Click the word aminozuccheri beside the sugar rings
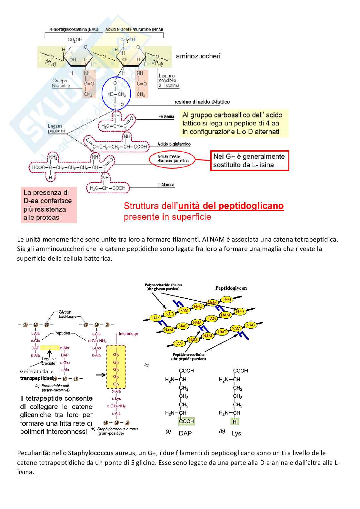pyautogui.click(x=198, y=56)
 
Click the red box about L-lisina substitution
pyautogui.click(x=249, y=161)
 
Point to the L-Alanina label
pyautogui.click(x=166, y=117)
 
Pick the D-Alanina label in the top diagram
pyautogui.click(x=166, y=185)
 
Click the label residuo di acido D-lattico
pyautogui.click(x=202, y=102)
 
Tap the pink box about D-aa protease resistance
pyautogui.click(x=48, y=205)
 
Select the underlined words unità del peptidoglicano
pyautogui.click(x=231, y=206)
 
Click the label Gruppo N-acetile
pyautogui.click(x=61, y=83)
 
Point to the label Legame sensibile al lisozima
pyautogui.click(x=168, y=81)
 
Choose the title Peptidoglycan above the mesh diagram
pyautogui.click(x=231, y=288)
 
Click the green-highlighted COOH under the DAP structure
pyautogui.click(x=186, y=421)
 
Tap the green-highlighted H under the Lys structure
pyautogui.click(x=235, y=422)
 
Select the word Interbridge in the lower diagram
pyautogui.click(x=128, y=334)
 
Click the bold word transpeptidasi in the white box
pyautogui.click(x=36, y=378)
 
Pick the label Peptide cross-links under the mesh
pyautogui.click(x=188, y=356)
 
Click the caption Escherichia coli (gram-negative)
pyautogui.click(x=53, y=388)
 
